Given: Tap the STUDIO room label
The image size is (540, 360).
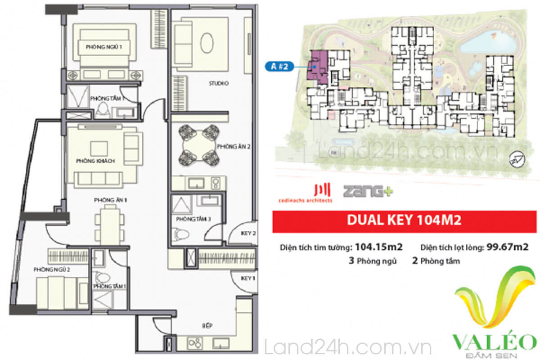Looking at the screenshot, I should tap(219, 83).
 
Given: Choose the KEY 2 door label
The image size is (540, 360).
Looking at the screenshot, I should tap(248, 234).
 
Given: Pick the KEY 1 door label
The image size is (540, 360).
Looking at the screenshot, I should tap(248, 278).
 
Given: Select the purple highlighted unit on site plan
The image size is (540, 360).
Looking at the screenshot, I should tap(318, 67).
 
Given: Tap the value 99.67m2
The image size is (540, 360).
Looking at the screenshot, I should tap(504, 247).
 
